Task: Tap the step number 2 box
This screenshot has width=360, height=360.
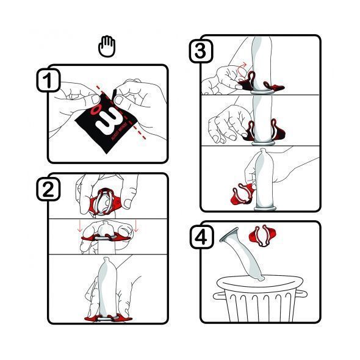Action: tap(48, 190)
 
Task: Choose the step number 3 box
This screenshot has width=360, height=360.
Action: tap(199, 52)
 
